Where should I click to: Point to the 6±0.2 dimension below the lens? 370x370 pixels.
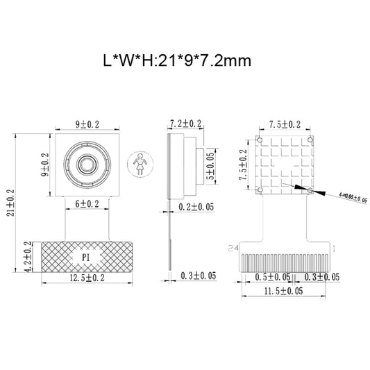pos(87,204)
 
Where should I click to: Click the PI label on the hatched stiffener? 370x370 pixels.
pos(87,256)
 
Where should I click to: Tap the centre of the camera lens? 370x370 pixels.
pos(87,165)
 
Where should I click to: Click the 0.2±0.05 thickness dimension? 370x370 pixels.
pos(196,206)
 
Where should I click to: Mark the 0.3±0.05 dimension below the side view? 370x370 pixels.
pos(198,276)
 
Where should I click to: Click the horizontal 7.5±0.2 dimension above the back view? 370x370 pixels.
pos(285,125)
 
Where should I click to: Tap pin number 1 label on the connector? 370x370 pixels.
pos(335,247)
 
